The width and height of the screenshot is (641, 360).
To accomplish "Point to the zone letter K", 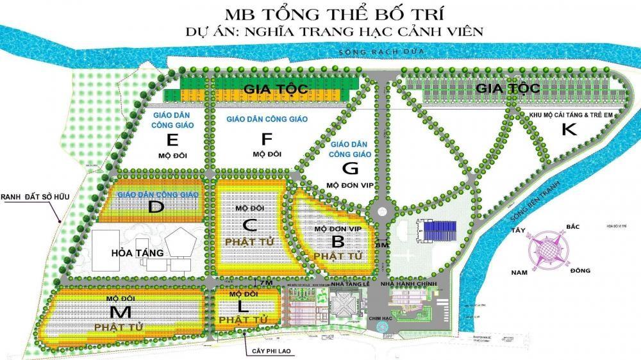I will [x=569, y=129].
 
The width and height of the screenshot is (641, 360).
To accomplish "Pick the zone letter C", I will [x=251, y=225].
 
